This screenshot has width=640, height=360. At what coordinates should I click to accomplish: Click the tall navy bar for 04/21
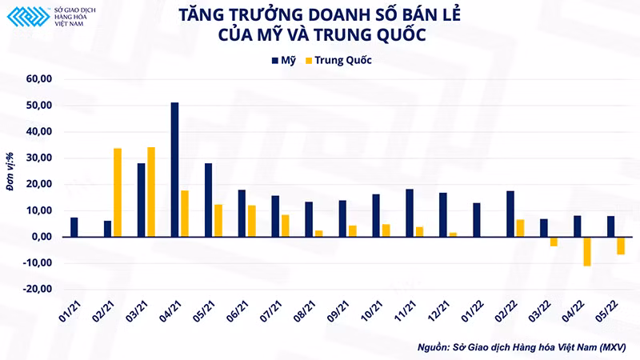pos(174,170)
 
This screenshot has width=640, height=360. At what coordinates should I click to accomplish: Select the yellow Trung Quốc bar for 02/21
pos(118,192)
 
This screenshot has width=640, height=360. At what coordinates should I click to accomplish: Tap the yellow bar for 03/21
pos(151,192)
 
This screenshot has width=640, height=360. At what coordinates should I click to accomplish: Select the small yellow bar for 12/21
pos(453,234)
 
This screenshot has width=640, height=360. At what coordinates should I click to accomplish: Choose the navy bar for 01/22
pos(477,220)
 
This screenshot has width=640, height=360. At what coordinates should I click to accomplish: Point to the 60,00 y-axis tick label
pos(38,79)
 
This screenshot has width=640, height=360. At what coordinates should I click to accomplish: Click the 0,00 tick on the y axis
pos(42,237)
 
